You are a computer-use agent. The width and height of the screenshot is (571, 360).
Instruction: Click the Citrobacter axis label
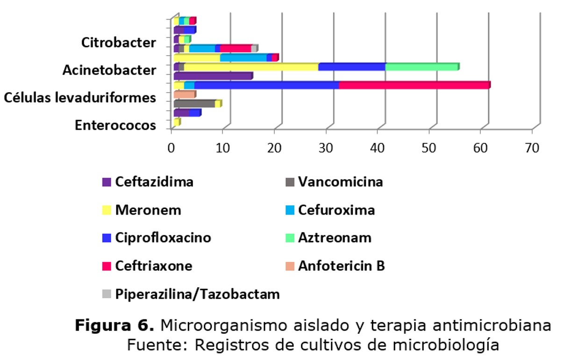118,43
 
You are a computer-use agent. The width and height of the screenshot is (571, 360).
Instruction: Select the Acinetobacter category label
109,71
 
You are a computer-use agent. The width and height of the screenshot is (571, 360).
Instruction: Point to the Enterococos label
115,126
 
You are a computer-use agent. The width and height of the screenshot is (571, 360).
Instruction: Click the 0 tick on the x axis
171,147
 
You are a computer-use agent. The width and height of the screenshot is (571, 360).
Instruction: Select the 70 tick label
532,147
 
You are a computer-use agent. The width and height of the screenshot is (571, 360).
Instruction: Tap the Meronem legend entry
142,210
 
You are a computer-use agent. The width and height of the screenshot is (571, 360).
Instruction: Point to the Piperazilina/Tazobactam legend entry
191,295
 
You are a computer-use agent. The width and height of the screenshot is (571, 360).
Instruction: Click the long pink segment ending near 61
414,85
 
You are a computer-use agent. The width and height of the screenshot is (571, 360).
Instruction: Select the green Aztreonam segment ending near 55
421,67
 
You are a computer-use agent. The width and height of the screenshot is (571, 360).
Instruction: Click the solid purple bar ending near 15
213,76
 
